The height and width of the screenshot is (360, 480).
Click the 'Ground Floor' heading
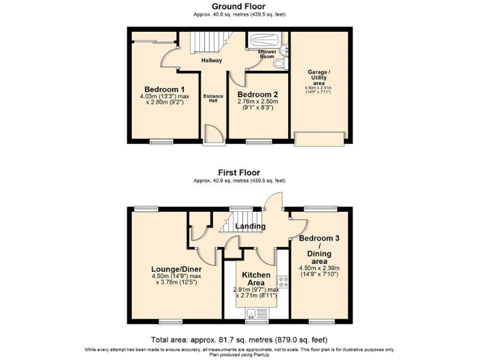pos(239,7)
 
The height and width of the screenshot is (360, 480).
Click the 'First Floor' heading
pos(239,172)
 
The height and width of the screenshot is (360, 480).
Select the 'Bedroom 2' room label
pos(257,94)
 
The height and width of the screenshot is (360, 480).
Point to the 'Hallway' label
pos(211,61)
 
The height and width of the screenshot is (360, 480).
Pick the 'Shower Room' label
pos(267,54)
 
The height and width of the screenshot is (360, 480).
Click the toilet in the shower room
pos(279,63)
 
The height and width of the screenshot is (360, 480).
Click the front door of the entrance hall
pos(213,134)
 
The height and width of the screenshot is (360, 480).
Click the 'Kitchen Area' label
pos(256,279)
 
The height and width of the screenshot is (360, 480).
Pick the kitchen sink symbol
pos(251,314)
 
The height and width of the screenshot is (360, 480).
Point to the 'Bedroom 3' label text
pos(319,239)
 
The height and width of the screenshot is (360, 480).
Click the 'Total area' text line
pos(239,339)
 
